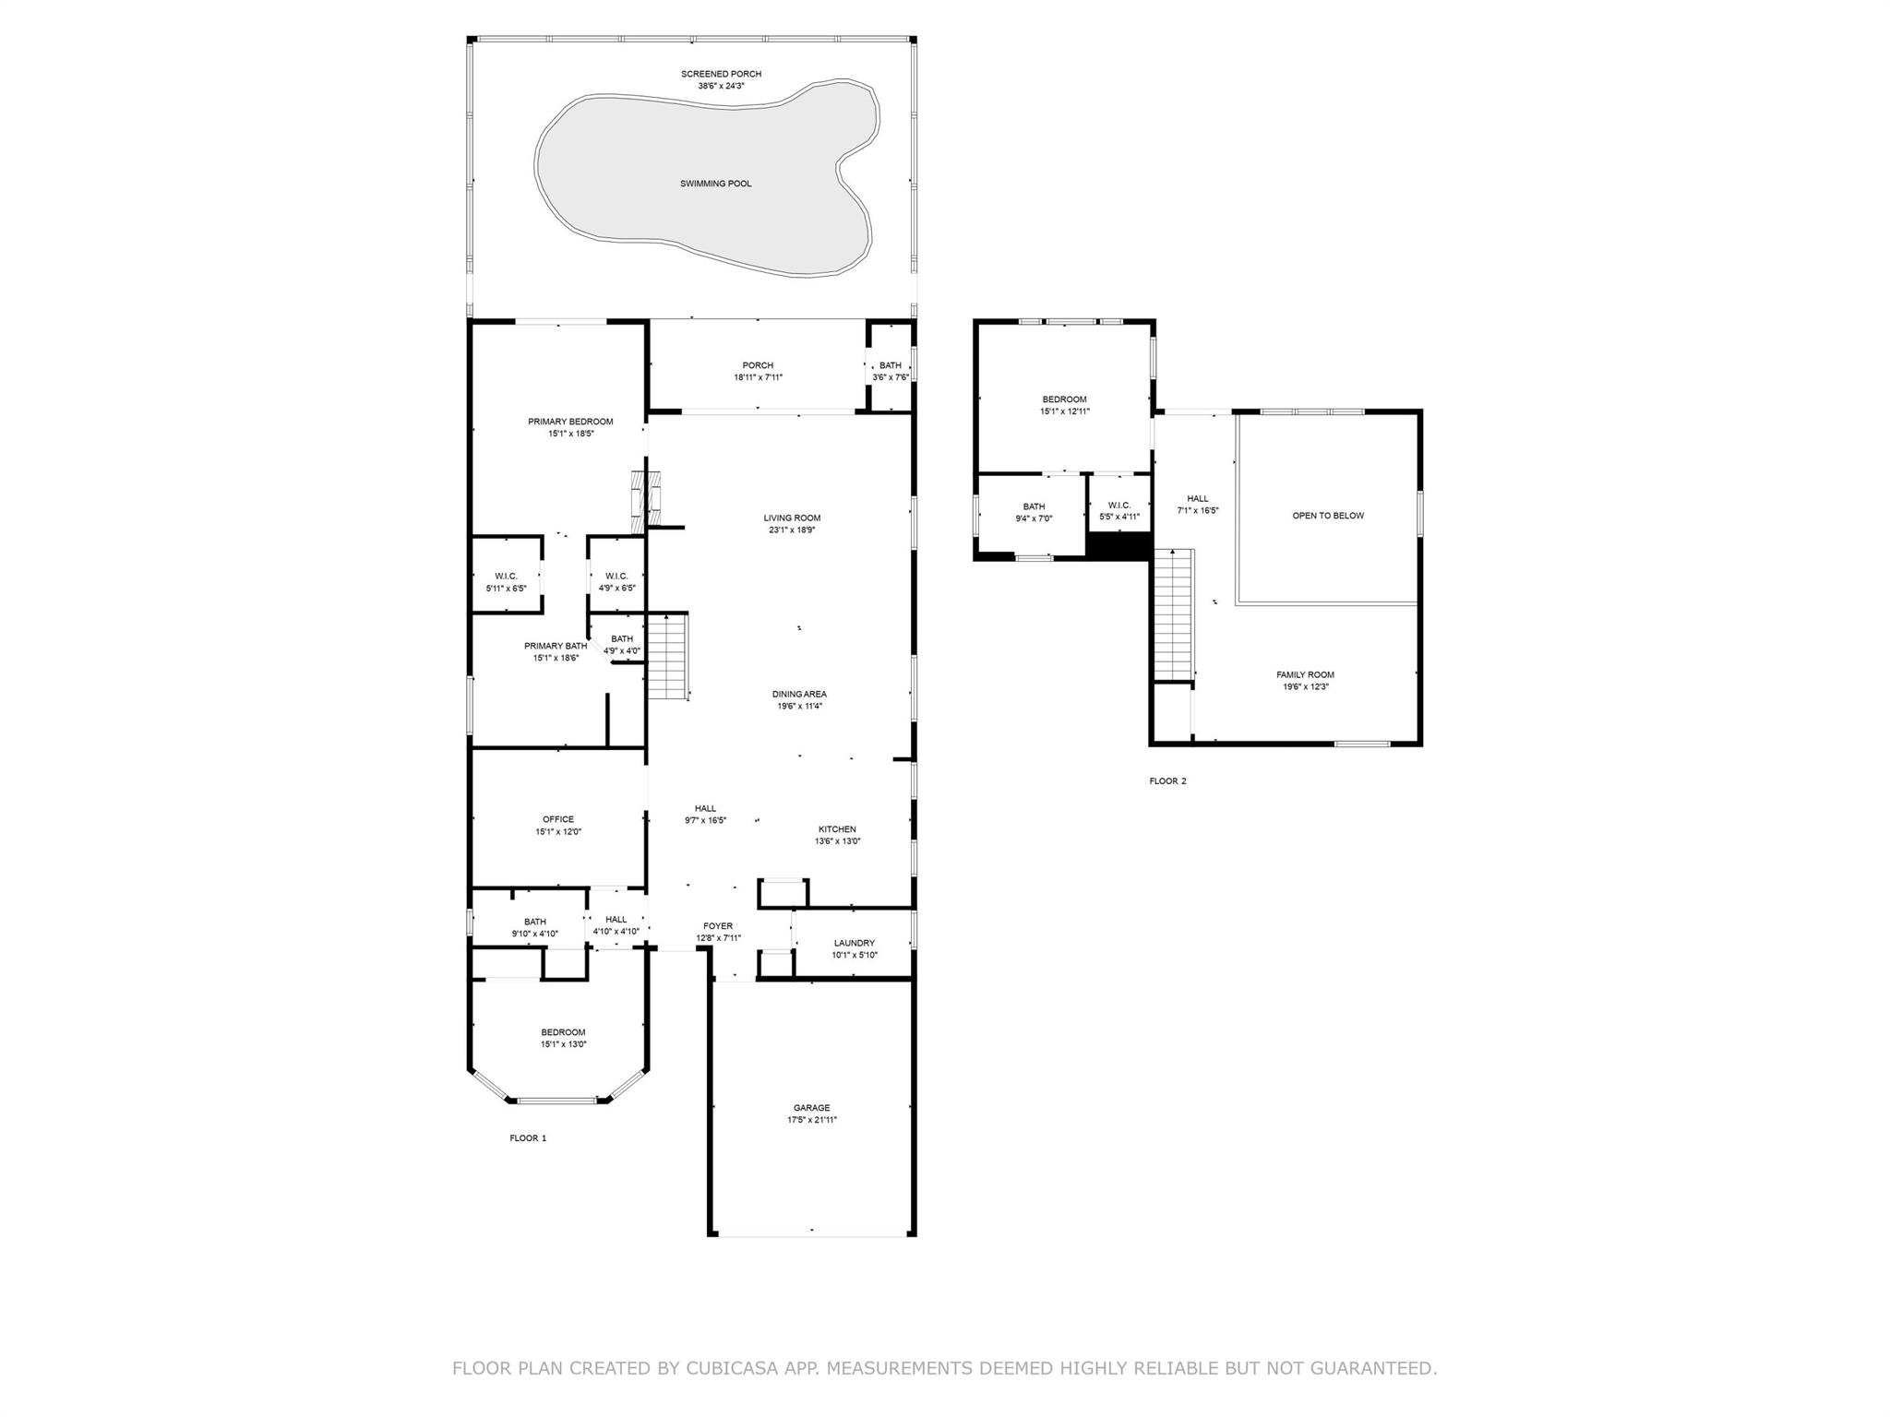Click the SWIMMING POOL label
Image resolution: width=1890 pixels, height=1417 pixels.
[715, 184]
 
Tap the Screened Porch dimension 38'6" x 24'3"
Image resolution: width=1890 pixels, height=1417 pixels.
[721, 86]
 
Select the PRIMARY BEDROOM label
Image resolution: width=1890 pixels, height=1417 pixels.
[570, 422]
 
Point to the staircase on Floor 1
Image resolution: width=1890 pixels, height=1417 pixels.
[667, 657]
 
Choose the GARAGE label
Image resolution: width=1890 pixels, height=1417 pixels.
[811, 1108]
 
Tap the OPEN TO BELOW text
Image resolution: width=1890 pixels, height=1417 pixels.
[1327, 516]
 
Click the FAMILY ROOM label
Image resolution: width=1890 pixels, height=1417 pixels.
[1305, 674]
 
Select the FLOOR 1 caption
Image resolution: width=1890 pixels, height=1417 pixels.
[528, 1138]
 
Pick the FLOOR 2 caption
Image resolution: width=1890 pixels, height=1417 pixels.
[1167, 781]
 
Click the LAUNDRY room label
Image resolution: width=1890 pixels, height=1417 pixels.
[854, 943]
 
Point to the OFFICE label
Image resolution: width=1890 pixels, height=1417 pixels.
[557, 819]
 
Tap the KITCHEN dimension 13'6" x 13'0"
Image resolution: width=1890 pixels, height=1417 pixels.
[837, 841]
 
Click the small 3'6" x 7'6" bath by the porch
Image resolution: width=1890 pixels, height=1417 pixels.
[891, 371]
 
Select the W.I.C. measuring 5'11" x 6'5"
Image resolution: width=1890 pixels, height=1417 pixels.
[506, 582]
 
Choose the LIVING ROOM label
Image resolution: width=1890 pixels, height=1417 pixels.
[792, 518]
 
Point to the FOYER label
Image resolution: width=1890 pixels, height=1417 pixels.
[718, 926]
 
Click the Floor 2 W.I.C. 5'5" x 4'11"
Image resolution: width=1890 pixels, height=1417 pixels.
[1119, 510]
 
